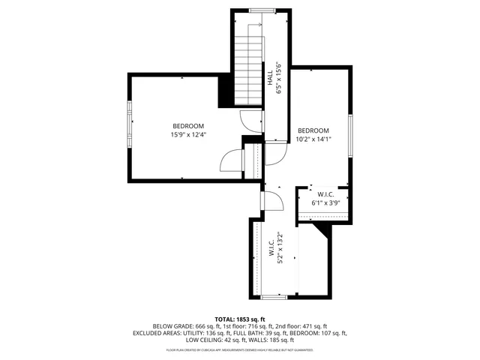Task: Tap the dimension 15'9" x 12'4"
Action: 187,135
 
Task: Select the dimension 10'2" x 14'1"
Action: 313,139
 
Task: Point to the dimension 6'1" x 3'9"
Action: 325,202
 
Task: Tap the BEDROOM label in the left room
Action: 187,126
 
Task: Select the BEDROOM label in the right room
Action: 313,130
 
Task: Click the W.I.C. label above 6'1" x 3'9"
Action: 325,193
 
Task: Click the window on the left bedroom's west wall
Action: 130,125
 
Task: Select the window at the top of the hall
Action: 261,10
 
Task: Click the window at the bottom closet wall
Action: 273,298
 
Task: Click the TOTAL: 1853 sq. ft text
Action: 239,319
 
